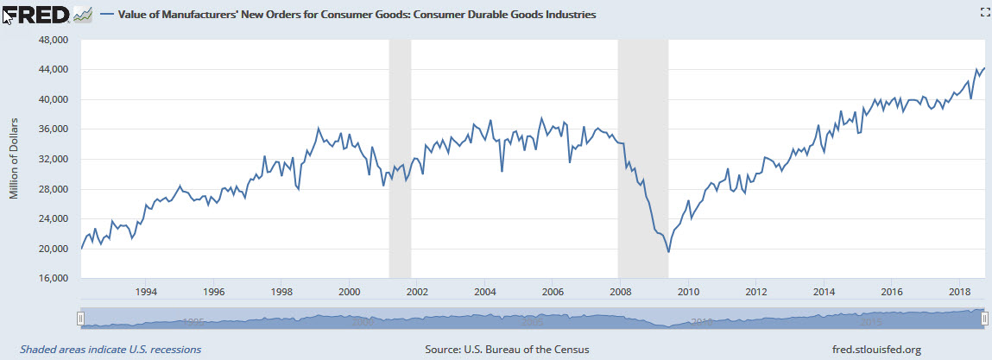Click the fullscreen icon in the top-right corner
coord(982,11)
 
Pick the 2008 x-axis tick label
coord(619,293)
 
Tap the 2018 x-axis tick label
coord(958,293)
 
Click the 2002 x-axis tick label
coord(416,293)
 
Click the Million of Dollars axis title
coord(14,159)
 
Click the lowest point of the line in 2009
coord(669,252)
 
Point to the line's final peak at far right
coord(984,68)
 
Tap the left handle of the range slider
coord(80,319)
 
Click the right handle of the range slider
coord(984,319)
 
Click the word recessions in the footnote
coord(173,350)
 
